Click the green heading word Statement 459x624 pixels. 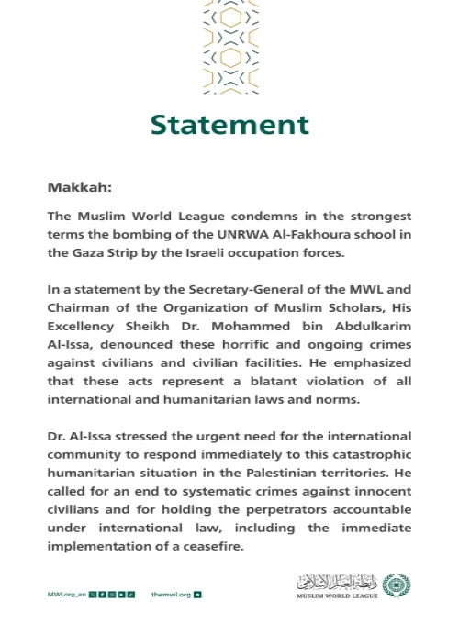(229, 124)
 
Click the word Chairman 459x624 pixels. (80, 306)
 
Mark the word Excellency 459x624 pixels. (84, 324)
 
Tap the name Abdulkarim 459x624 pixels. (365, 324)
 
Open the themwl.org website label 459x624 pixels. (169, 594)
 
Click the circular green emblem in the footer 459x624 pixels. (397, 584)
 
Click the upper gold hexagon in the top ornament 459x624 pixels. (229, 17)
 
